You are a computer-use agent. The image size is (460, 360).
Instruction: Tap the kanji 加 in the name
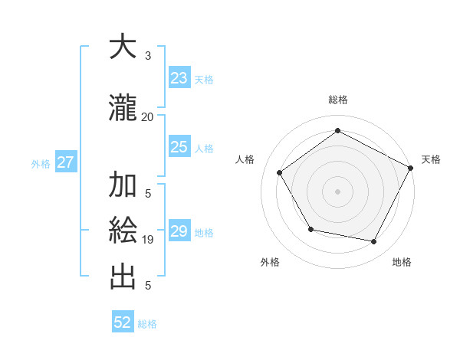pos(123,186)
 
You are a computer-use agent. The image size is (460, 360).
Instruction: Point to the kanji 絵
pos(123,230)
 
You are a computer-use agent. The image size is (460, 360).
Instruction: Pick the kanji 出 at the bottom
pos(123,277)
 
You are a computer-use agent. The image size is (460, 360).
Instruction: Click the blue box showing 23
pos(179,78)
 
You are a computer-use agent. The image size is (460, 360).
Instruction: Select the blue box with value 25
pos(179,147)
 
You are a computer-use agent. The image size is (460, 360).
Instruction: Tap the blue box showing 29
pos(179,231)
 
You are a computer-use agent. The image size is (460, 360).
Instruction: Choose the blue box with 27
pos(66,162)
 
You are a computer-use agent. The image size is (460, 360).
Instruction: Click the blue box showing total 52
pos(123,322)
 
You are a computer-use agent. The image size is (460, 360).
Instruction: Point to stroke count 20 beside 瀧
pos(147,116)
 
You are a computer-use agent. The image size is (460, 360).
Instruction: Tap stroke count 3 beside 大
pos(148,55)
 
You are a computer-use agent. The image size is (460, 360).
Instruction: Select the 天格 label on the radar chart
pos(431,159)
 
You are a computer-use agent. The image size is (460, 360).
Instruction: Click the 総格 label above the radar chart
pos(338,100)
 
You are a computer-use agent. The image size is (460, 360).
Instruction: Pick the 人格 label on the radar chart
pos(245,159)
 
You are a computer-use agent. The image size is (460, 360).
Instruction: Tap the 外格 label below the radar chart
pos(270,262)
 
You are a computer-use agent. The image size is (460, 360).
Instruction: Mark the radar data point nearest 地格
pos(374,242)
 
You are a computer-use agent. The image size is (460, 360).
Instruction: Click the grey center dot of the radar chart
pos(337,191)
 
